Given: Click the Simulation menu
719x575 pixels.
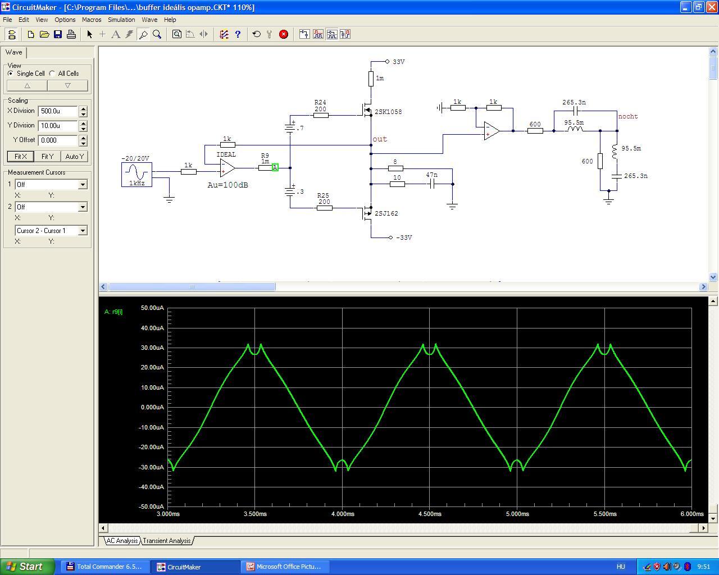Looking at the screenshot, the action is [121, 20].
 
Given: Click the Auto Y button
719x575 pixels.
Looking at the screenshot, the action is [75, 156].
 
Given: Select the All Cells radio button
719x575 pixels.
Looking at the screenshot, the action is [52, 73].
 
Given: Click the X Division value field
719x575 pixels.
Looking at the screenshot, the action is [58, 111].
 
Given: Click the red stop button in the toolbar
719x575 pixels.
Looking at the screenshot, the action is [283, 34].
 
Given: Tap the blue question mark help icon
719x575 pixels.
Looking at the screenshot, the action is [238, 34].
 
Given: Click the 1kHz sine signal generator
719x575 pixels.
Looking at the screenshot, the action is [136, 175].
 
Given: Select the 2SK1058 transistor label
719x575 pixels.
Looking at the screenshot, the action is [388, 112].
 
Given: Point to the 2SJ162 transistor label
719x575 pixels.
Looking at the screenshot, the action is [386, 213].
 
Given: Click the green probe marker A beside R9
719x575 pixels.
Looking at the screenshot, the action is [275, 167].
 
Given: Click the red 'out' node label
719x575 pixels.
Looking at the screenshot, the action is [380, 139].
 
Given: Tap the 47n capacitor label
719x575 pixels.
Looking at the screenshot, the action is [431, 175].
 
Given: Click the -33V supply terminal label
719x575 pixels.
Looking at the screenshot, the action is [404, 238].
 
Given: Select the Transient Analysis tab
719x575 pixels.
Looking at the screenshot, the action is [167, 541].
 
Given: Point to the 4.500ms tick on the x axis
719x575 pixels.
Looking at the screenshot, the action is [430, 514].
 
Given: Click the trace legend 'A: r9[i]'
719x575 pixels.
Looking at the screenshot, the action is [113, 312].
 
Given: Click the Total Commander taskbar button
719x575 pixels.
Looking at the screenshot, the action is [104, 567].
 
